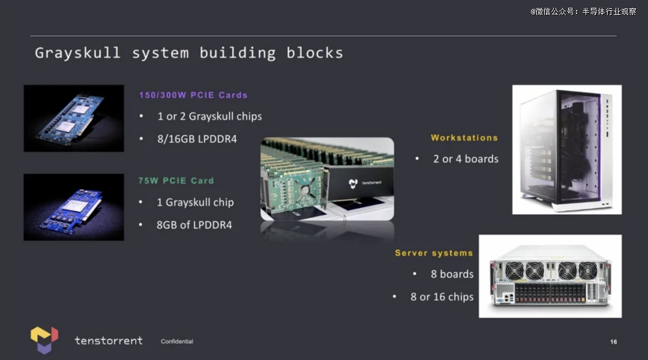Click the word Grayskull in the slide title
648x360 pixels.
point(77,53)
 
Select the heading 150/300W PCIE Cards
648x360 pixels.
point(193,95)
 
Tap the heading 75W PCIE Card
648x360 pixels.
point(176,181)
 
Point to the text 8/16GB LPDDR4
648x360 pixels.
point(197,139)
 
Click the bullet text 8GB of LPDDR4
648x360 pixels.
point(194,225)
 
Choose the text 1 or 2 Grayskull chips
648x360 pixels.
point(209,116)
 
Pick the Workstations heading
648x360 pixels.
point(464,137)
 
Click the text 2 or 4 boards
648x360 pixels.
point(466,159)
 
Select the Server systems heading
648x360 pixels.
point(434,253)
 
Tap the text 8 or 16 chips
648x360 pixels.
point(442,297)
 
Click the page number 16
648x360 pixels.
point(614,342)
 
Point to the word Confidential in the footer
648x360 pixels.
point(177,341)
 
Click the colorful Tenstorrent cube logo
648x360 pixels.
point(44,340)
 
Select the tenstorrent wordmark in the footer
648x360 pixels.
point(109,341)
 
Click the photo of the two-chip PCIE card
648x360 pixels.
point(74,118)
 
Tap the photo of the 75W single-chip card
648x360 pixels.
point(74,207)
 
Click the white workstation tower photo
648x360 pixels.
point(567,149)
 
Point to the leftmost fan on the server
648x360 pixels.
point(514,271)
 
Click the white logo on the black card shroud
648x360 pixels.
point(353,183)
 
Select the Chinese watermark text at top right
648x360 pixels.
point(583,11)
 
